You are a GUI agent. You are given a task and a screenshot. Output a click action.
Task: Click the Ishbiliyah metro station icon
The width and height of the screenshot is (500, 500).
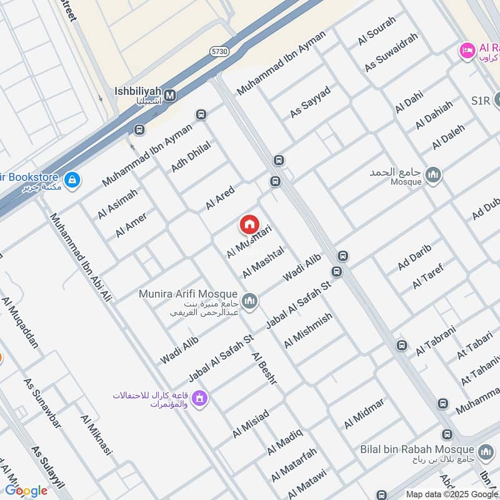click(170, 96)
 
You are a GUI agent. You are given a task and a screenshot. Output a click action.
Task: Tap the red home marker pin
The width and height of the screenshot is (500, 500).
click(248, 224)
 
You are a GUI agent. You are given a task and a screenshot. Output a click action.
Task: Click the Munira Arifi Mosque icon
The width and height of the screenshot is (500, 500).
click(249, 301)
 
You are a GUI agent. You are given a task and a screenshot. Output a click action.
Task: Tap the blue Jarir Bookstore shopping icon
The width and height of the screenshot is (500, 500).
click(73, 181)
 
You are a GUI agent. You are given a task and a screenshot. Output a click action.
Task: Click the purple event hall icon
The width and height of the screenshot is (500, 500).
click(199, 397)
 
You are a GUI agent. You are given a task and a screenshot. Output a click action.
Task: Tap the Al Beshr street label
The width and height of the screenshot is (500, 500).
click(267, 368)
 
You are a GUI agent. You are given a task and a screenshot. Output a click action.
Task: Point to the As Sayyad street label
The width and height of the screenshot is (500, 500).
click(310, 102)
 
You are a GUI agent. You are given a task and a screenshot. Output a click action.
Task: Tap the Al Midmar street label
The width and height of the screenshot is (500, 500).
click(364, 413)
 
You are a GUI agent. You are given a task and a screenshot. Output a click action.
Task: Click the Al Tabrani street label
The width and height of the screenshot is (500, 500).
click(436, 341)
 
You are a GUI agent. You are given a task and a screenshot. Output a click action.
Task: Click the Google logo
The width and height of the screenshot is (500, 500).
click(26, 490)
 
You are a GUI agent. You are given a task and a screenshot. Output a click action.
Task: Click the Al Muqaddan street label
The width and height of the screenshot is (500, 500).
click(20, 322)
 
